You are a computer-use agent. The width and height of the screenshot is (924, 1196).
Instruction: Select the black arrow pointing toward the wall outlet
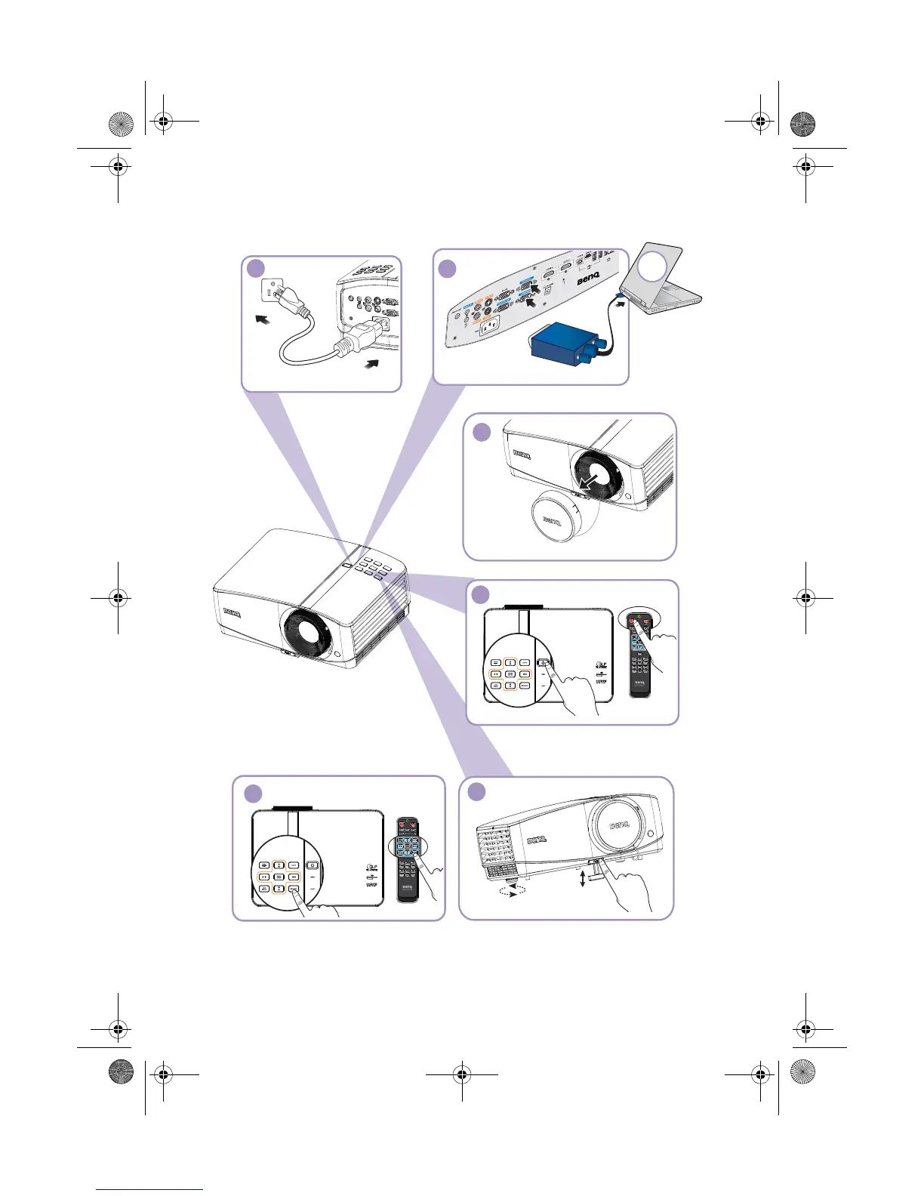261,320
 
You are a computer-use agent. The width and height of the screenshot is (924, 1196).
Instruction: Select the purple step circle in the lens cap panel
482,432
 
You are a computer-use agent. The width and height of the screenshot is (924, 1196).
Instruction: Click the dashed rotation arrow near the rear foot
508,890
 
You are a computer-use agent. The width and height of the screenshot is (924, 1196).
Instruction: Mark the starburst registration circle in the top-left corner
121,123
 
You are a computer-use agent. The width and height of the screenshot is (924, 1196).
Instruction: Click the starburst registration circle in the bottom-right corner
802,1072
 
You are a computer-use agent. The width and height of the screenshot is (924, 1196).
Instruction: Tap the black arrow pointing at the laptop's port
621,304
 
